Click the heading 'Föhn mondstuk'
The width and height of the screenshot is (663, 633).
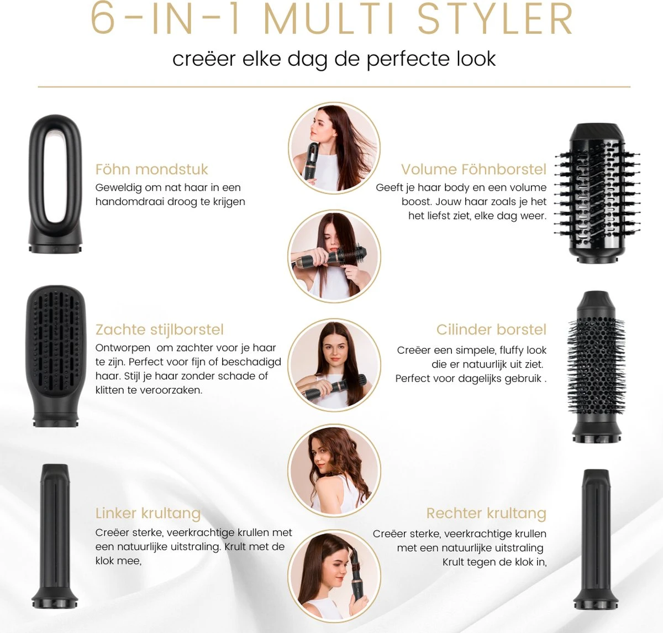click(x=151, y=169)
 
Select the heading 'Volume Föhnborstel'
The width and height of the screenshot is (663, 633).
click(x=473, y=169)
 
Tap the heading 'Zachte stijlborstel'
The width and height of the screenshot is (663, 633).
click(x=159, y=329)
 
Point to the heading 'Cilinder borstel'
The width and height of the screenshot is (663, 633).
click(x=491, y=329)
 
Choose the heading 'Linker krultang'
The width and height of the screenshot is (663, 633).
click(x=148, y=513)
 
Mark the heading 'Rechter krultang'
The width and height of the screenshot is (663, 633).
click(x=486, y=513)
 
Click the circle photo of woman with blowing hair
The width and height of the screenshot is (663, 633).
click(x=334, y=148)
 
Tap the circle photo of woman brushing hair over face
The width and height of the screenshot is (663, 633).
click(x=334, y=256)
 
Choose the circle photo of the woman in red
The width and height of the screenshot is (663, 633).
click(x=334, y=365)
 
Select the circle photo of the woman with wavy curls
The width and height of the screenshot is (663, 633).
click(x=334, y=470)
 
